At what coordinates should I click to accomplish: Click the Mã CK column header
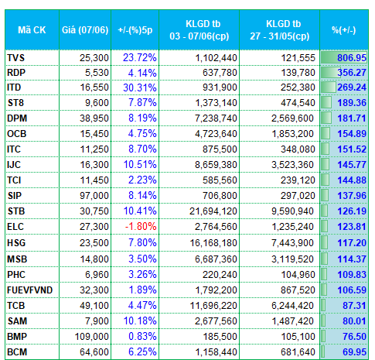pos(32,30)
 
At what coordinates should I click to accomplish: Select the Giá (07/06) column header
pos(85,30)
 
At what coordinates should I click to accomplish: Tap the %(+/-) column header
pos(344,30)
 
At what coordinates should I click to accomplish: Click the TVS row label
pos(15,57)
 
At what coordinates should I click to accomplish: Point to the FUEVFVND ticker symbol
pos(29,290)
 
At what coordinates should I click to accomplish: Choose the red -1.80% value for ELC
pos(141,227)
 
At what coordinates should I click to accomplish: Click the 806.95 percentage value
pos(352,57)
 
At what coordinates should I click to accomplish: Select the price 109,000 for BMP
pos(91,337)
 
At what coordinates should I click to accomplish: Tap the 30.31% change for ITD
pos(140,87)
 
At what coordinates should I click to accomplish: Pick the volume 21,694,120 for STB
pos(213,211)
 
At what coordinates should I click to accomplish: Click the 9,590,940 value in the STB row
pos(292,211)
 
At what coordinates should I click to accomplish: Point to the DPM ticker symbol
pos(17,118)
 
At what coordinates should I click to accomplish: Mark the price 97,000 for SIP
pos(94,196)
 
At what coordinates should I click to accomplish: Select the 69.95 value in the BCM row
pos(354,352)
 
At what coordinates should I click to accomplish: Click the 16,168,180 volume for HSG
pos(213,243)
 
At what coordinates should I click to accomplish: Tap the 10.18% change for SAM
pos(140,321)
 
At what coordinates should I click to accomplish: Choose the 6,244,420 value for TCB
pos(292,306)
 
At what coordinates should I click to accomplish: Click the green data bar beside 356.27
pos(331,73)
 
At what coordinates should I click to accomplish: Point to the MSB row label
pos(17,259)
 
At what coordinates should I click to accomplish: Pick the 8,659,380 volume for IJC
pos(216,165)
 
